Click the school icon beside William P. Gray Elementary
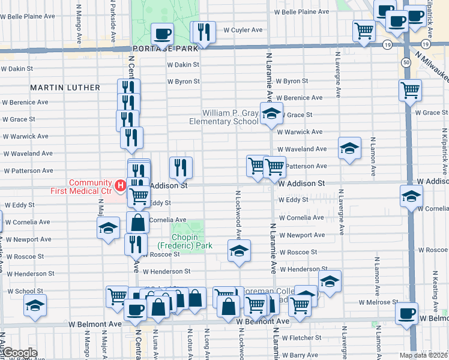click(271, 113)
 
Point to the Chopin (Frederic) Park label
click(187, 241)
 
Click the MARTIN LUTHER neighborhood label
click(65, 88)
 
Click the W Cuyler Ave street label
click(243, 29)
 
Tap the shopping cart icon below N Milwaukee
click(410, 90)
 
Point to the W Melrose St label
click(378, 302)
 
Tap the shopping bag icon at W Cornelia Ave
click(137, 223)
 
